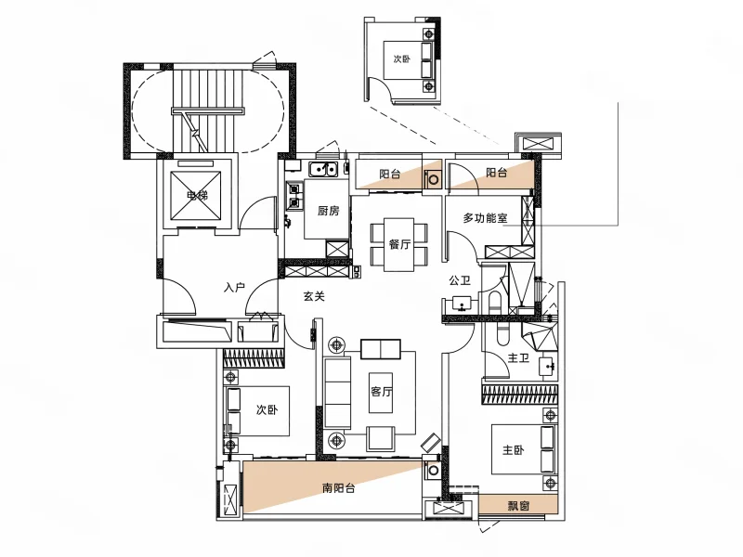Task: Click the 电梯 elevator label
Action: click(197, 195)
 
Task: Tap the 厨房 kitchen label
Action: click(328, 210)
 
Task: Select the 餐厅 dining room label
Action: click(399, 244)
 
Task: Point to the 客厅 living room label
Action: click(381, 392)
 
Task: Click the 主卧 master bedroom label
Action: click(514, 449)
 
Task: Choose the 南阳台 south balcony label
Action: click(338, 488)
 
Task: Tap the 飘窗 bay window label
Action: click(518, 505)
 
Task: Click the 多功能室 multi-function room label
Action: click(485, 218)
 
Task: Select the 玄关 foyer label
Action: click(314, 296)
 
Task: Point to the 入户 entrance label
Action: click(234, 287)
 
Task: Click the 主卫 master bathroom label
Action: click(518, 358)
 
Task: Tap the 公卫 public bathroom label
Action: click(460, 280)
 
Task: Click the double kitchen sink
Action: click(322, 169)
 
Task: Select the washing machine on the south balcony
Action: click(433, 470)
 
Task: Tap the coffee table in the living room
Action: click(381, 393)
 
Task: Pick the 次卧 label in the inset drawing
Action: click(401, 58)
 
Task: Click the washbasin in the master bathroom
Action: click(549, 365)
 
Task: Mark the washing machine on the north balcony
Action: click(433, 178)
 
